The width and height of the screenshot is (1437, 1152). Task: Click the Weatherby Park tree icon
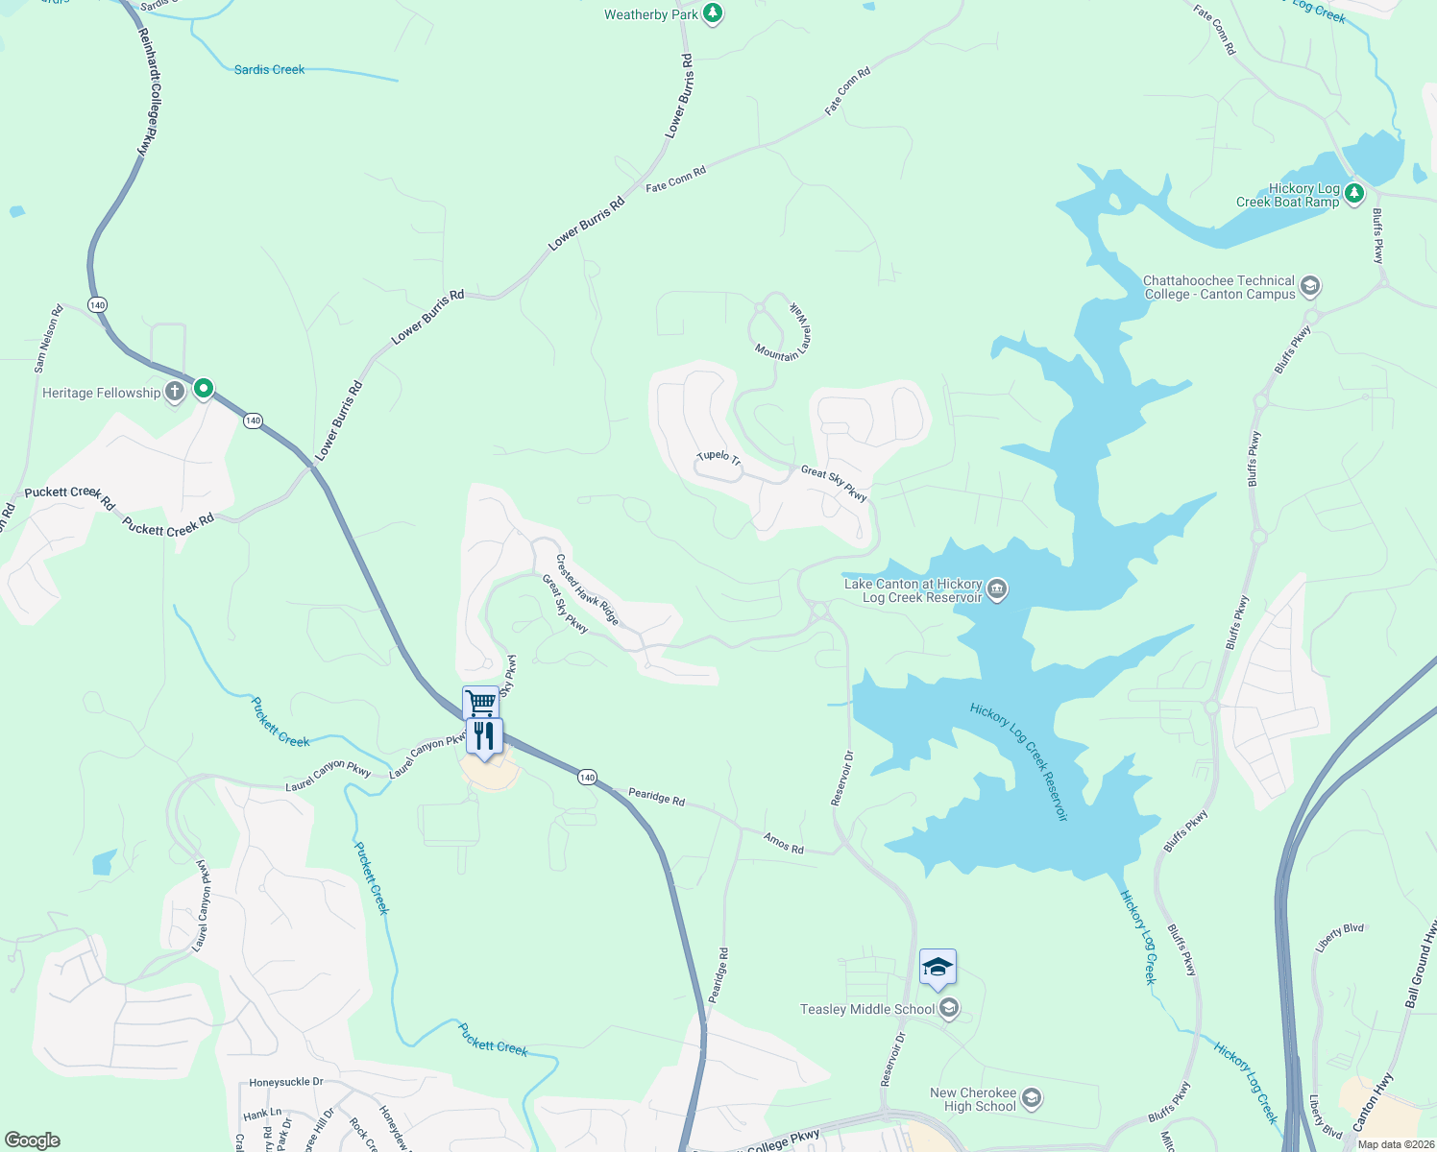[712, 13]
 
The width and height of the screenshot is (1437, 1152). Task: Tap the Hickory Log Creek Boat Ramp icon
[1353, 194]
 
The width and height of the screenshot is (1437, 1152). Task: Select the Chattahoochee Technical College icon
[1310, 286]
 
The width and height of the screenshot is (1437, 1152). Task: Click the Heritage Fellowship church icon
[174, 392]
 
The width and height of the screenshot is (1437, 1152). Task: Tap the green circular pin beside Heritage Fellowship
[204, 389]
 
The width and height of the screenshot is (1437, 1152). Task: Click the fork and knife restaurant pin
[484, 736]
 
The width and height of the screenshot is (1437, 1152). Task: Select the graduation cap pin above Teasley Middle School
[938, 968]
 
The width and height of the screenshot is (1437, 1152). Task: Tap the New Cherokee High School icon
[1032, 1098]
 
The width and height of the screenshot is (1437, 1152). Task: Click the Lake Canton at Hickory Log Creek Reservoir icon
[997, 588]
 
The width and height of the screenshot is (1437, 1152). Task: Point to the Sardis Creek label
[269, 69]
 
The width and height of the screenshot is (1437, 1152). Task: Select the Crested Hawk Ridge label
[587, 589]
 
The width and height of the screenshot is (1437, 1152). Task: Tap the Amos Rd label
[783, 844]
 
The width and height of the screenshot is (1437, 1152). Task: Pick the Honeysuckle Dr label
[286, 1082]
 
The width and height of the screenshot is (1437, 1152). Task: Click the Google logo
[33, 1140]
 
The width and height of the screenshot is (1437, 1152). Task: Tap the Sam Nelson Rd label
[48, 338]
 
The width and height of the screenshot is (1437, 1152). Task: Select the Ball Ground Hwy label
[1420, 963]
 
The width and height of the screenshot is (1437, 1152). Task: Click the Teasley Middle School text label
[867, 1009]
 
